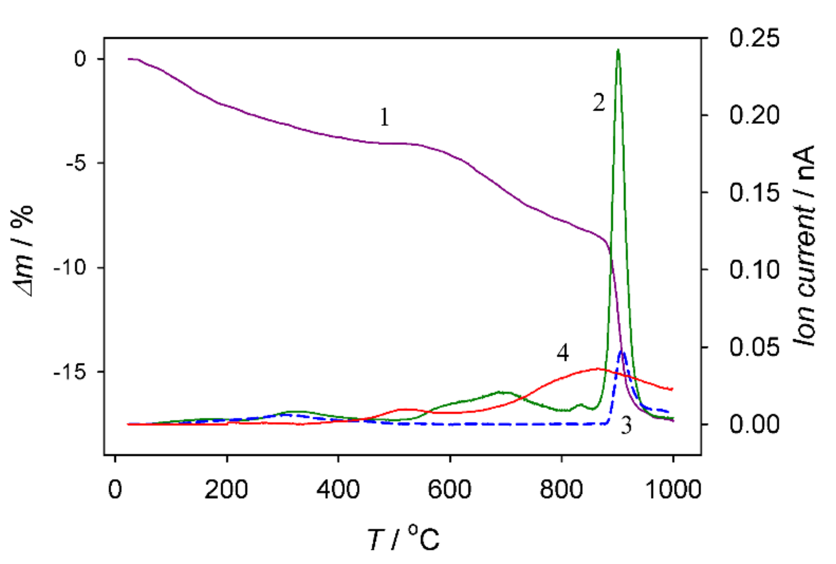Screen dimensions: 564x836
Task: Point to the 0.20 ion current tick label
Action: click(x=754, y=115)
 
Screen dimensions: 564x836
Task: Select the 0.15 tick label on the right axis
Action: click(x=754, y=192)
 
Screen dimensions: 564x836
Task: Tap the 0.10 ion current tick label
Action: click(x=754, y=269)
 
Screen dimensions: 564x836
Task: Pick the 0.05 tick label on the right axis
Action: click(x=754, y=347)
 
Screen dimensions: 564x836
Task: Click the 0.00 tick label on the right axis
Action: click(x=754, y=424)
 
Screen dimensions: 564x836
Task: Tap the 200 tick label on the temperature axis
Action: click(x=226, y=490)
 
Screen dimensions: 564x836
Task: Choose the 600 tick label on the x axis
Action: click(x=450, y=490)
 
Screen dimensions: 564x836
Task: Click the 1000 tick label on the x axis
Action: click(x=673, y=490)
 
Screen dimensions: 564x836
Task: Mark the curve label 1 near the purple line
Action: click(x=384, y=117)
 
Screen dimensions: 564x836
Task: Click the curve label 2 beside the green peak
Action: click(x=598, y=103)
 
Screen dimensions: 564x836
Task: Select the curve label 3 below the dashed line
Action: click(x=626, y=425)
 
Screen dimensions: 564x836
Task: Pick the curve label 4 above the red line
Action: click(x=563, y=353)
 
